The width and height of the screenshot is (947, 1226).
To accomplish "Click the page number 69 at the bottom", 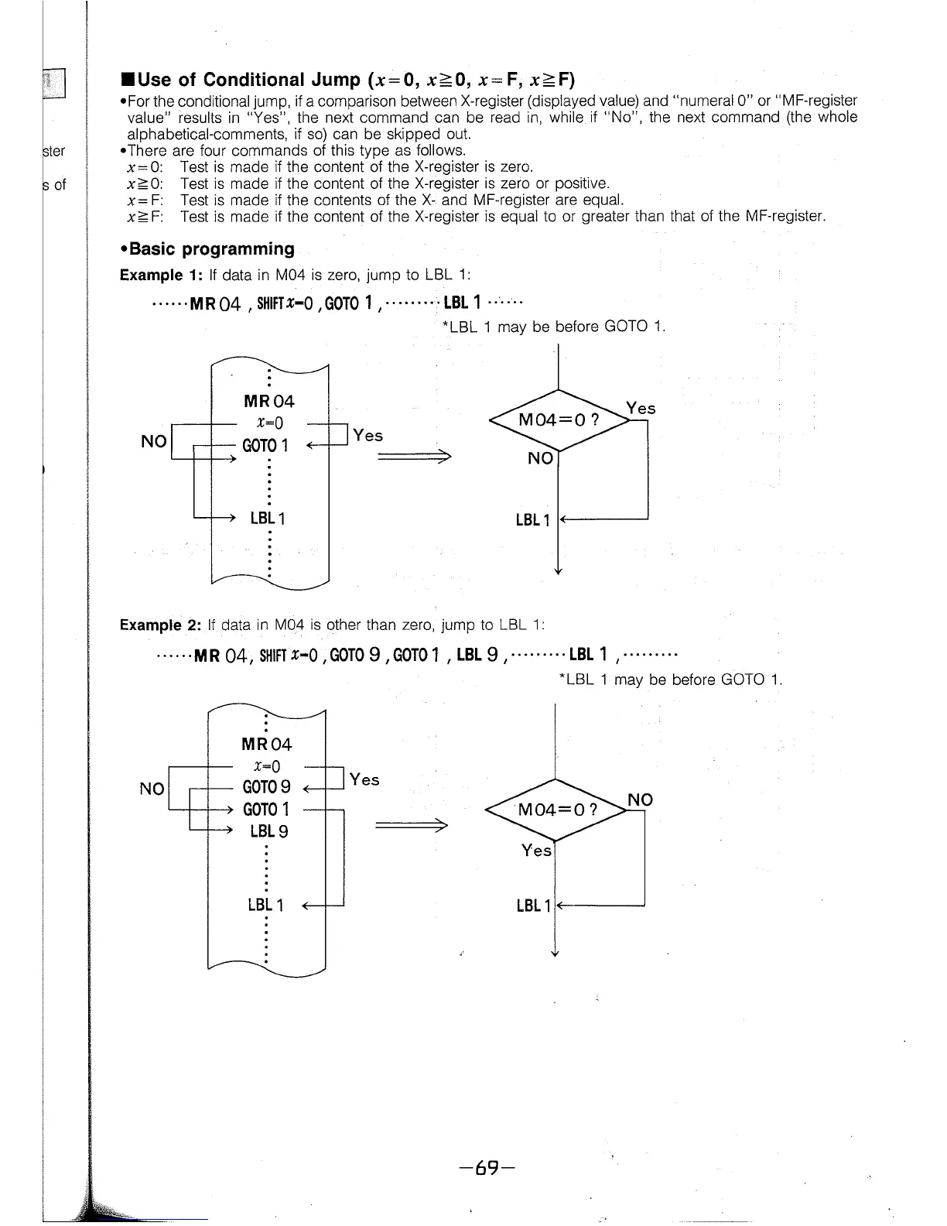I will [486, 1167].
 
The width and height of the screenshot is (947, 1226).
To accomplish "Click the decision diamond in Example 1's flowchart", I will [558, 420].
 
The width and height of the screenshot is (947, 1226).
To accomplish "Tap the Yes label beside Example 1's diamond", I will [641, 408].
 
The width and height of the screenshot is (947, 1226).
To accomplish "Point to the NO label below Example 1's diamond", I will [540, 458].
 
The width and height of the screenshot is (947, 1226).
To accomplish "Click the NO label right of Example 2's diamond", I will [640, 800].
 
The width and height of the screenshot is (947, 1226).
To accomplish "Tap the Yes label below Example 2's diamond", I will [536, 850].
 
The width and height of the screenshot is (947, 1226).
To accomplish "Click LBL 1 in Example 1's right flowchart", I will [532, 519].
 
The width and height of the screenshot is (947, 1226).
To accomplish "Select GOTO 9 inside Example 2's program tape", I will [266, 787].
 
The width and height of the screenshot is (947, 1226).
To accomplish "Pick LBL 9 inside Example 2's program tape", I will [268, 831].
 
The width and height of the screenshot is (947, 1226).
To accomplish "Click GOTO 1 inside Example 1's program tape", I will [265, 446].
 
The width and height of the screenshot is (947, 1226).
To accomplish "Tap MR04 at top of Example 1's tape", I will [268, 401].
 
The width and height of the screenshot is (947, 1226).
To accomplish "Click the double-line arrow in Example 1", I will [413, 457].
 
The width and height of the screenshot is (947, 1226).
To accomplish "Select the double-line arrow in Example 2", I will [411, 826].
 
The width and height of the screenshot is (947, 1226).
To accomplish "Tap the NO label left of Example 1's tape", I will [153, 441].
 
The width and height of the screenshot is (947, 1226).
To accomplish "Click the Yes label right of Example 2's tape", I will [364, 779].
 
